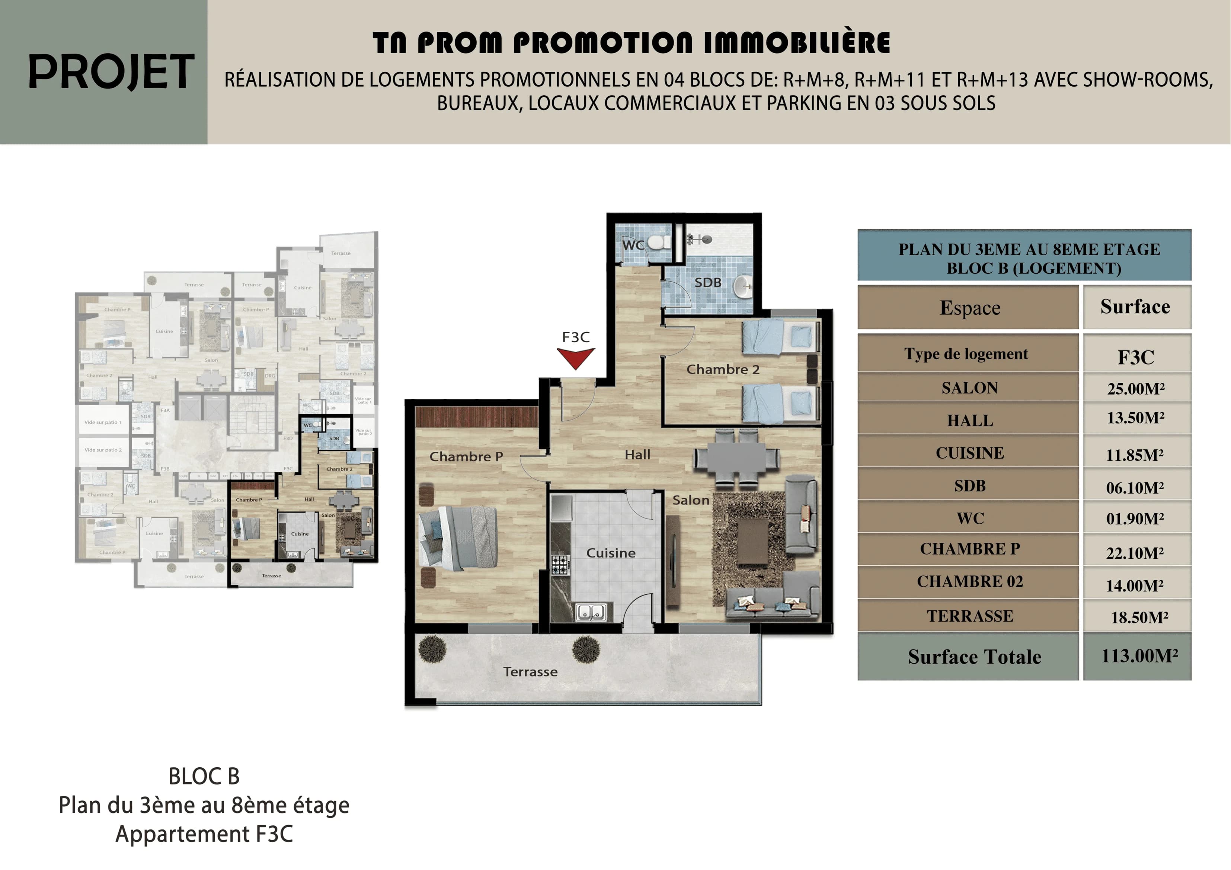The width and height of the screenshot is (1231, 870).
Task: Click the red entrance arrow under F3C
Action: pyautogui.click(x=575, y=357)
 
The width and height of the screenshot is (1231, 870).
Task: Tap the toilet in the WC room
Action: pyautogui.click(x=658, y=242)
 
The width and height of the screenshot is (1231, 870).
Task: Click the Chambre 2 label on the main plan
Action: pyautogui.click(x=723, y=369)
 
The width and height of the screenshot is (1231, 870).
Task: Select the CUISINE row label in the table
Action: pyautogui.click(x=969, y=453)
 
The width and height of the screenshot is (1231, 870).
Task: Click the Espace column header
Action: pyautogui.click(x=969, y=308)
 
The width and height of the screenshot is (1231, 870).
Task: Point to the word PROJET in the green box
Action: pyautogui.click(x=111, y=72)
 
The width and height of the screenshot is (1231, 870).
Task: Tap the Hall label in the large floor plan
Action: pyautogui.click(x=637, y=455)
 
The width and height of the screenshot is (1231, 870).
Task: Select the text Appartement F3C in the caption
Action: pyautogui.click(x=204, y=834)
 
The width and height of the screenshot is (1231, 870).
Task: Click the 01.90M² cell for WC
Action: pyautogui.click(x=1136, y=519)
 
